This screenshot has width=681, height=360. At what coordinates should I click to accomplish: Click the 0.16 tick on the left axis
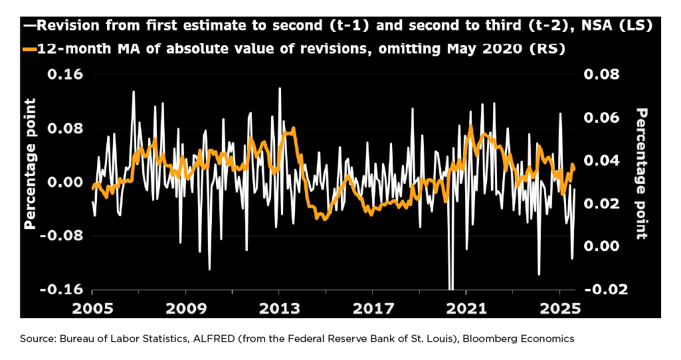(x=64, y=74)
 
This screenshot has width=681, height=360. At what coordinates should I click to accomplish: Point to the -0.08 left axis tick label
(x=62, y=236)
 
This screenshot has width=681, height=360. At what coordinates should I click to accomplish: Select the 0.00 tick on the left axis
(x=64, y=182)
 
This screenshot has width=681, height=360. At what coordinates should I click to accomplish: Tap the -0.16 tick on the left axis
(x=62, y=290)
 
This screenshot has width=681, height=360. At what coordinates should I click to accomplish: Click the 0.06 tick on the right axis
(x=601, y=118)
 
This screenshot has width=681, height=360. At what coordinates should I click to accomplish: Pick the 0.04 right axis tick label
(x=601, y=161)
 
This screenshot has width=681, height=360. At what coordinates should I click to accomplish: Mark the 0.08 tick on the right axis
(x=601, y=74)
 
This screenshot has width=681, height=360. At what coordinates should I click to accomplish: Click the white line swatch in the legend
(x=29, y=26)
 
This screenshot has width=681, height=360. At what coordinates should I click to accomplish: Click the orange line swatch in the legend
(x=29, y=49)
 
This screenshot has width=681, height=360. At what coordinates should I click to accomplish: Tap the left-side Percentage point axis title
(x=30, y=163)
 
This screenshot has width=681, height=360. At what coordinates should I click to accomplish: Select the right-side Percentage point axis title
(x=642, y=173)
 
